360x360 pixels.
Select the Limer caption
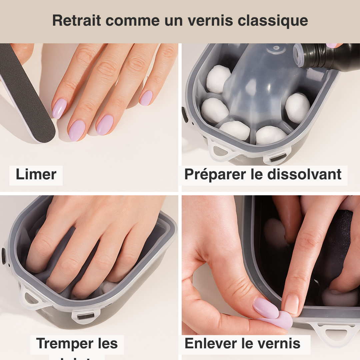tap(36, 174)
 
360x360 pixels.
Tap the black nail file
tap(27, 97)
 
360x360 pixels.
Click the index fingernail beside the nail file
tap(59, 109)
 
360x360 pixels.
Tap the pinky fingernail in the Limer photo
tap(146, 98)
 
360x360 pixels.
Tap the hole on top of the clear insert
tap(276, 48)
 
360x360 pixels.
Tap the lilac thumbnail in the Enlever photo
tap(265, 308)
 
